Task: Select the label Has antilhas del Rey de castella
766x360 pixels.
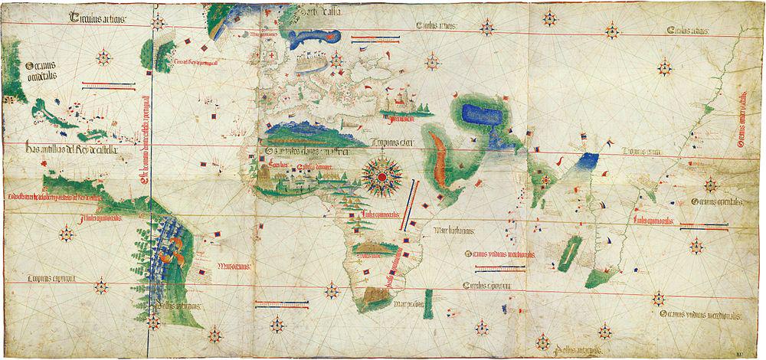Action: (70, 149)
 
